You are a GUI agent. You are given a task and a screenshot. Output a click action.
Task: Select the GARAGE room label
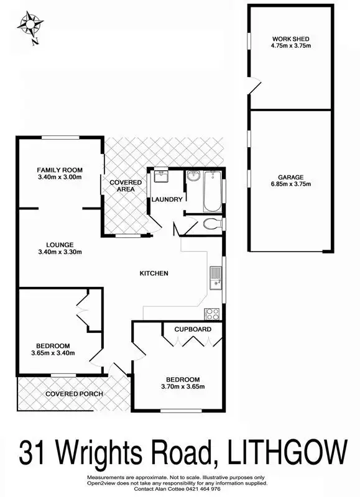(291, 177)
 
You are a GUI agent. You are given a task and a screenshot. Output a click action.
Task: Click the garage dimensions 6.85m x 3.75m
(291, 185)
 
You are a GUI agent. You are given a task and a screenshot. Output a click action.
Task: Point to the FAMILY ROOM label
(60, 170)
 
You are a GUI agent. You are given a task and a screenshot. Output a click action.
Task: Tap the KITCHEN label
(154, 273)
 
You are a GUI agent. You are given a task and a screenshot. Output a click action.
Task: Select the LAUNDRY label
(167, 199)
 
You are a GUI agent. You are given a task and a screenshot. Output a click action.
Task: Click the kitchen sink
(215, 278)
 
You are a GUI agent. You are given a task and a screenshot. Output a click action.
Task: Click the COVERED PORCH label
(73, 394)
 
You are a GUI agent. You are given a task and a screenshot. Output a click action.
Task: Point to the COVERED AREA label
(126, 186)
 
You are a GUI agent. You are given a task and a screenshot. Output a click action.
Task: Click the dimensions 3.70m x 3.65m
(183, 387)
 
